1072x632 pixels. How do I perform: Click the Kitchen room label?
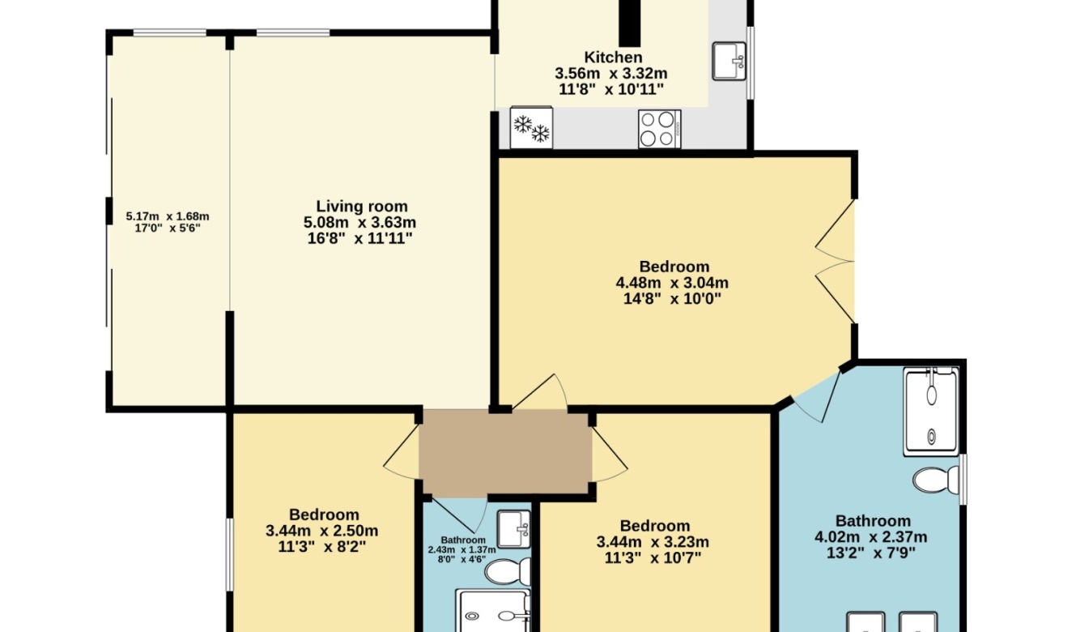click(x=613, y=58)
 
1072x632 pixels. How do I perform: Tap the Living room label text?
click(x=362, y=207)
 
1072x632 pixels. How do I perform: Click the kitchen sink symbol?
click(x=729, y=61)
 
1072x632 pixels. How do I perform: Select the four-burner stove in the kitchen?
click(x=659, y=130)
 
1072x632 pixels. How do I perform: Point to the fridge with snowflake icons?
click(x=531, y=127)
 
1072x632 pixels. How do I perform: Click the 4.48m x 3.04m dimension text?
click(x=672, y=283)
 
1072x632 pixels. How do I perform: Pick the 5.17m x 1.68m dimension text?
click(x=168, y=216)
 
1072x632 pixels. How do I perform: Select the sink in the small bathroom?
click(x=514, y=529)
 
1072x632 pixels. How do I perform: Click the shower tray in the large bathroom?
click(x=931, y=412)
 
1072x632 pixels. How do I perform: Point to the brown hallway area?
click(x=504, y=452)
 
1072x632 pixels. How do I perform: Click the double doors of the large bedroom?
click(x=835, y=262)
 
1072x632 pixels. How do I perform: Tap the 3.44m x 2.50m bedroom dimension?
click(x=322, y=531)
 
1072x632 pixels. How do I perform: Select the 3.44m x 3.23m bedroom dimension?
click(x=653, y=542)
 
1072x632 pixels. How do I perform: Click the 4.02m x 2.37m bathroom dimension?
click(x=871, y=537)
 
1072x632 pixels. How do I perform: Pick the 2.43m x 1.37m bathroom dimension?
click(x=462, y=550)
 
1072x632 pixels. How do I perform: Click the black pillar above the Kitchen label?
click(x=629, y=23)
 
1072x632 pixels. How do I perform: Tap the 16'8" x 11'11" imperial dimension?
click(x=359, y=238)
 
